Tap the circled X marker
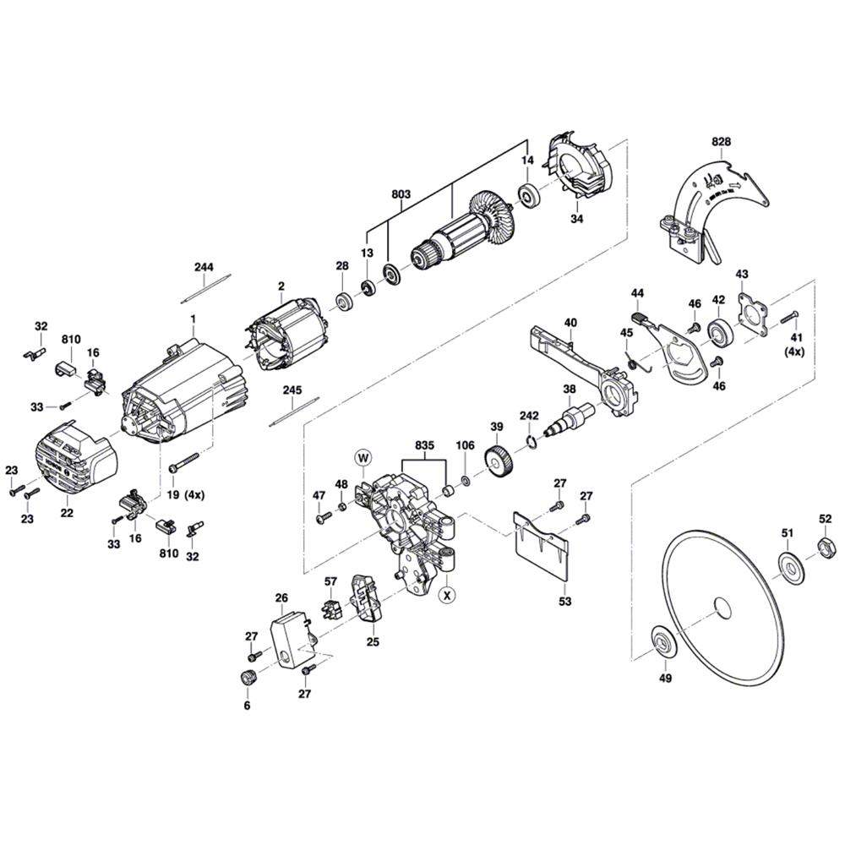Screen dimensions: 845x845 (x=448, y=594)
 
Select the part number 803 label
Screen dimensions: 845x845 (x=401, y=194)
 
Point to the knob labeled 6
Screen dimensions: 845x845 (x=248, y=677)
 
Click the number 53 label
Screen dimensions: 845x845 (x=564, y=602)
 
